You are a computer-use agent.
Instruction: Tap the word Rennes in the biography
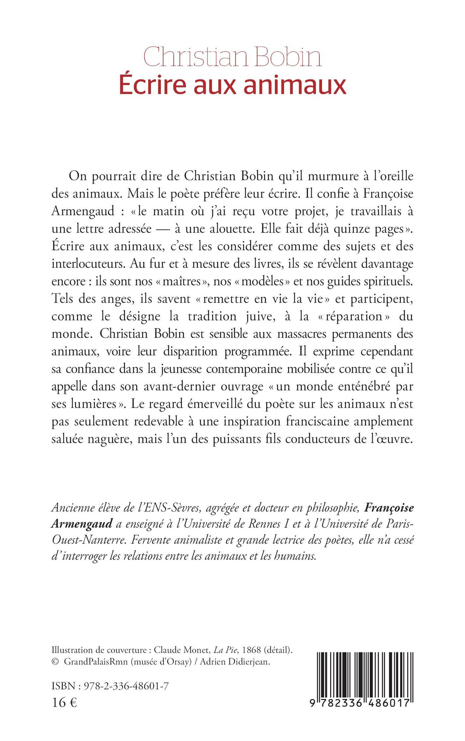coord(273,524)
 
